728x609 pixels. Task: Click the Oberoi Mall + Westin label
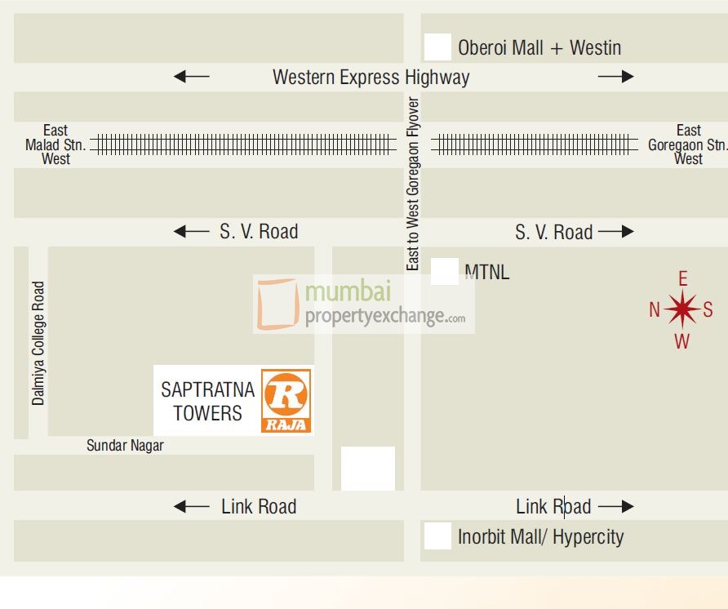(x=539, y=47)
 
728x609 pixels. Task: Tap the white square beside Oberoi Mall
(x=437, y=47)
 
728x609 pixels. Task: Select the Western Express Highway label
(x=371, y=78)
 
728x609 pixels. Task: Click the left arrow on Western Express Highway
(x=192, y=77)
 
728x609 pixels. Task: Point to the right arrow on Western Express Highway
(x=615, y=77)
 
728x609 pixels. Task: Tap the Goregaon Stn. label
(x=687, y=144)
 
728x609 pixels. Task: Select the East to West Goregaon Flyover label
(x=413, y=184)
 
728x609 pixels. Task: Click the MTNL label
(x=486, y=272)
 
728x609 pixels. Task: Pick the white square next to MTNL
(x=444, y=271)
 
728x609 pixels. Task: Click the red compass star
(x=681, y=309)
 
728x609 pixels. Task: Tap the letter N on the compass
(x=655, y=309)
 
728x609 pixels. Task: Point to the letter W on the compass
(x=681, y=341)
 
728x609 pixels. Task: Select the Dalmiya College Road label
(x=38, y=344)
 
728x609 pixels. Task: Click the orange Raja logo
(x=286, y=400)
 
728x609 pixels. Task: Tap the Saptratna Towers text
(x=207, y=401)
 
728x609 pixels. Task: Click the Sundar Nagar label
(x=125, y=446)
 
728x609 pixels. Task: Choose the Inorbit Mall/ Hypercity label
(x=540, y=536)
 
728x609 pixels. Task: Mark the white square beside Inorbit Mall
(x=437, y=536)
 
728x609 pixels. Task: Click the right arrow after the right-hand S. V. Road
(x=615, y=232)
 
